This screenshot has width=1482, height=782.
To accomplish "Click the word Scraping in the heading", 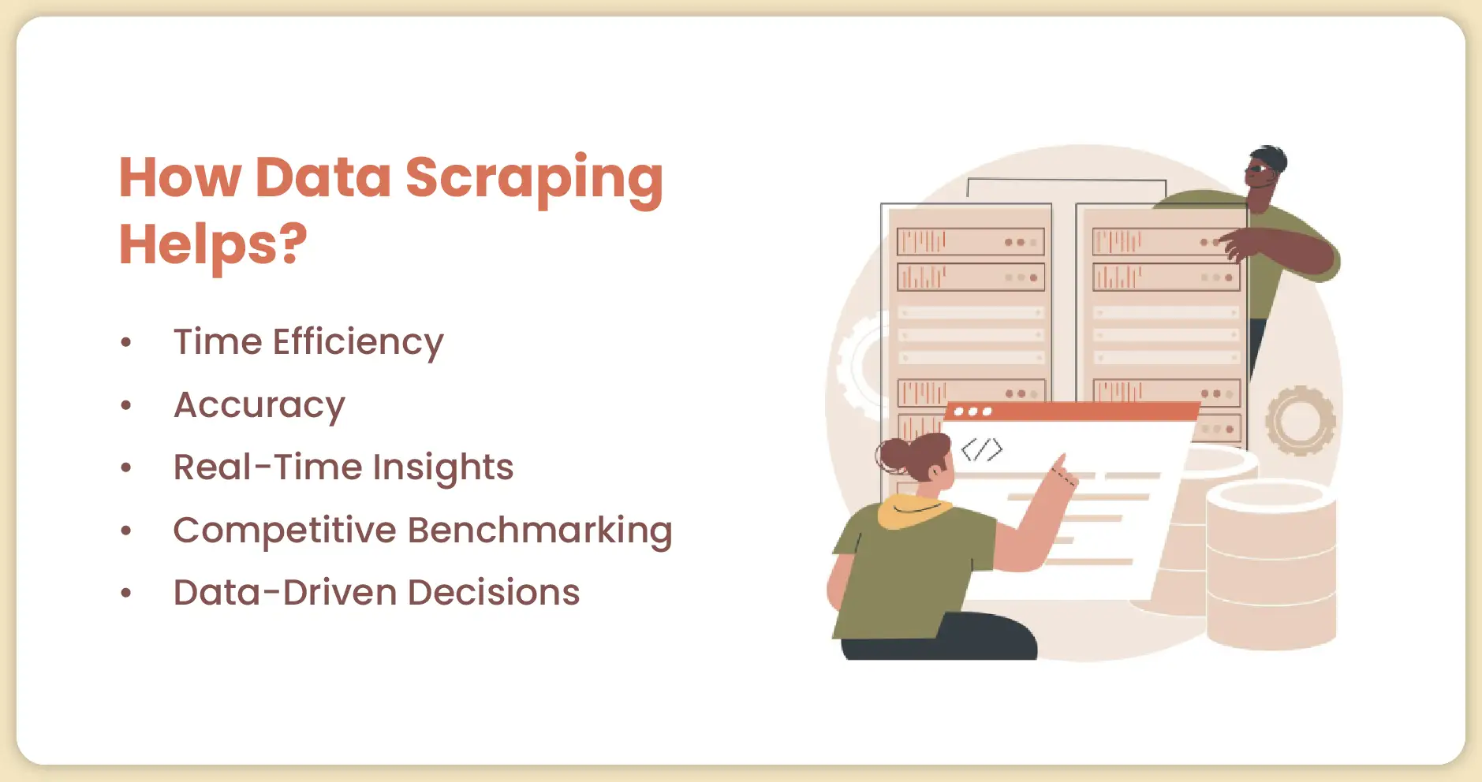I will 534,180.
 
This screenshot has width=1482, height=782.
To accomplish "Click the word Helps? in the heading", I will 213,245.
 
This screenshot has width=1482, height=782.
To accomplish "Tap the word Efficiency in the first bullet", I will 358,343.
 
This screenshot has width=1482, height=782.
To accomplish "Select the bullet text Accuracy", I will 259,406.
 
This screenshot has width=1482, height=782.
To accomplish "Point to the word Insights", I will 442,468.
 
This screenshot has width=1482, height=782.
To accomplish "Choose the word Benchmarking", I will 540,531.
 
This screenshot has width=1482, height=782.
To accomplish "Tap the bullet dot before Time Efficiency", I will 126,343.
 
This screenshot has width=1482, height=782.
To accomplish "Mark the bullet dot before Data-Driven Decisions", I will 126,594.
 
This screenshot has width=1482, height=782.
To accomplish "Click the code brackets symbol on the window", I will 982,449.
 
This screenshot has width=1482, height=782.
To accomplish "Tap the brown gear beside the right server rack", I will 1300,420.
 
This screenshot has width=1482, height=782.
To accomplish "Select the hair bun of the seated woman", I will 894,455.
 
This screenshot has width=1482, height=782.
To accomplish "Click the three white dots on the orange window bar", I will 972,411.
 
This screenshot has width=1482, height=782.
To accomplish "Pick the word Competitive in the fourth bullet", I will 284,531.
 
